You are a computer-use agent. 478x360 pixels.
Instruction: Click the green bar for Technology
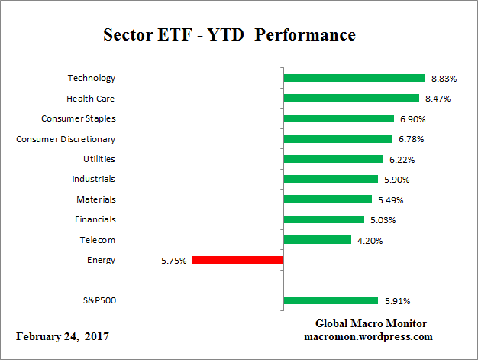(354, 78)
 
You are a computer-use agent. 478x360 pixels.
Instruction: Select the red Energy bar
(237, 260)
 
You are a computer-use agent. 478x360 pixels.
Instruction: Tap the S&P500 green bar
(331, 300)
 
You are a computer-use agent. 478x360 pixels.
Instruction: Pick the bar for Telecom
(317, 240)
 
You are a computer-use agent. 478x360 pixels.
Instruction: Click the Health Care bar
(351, 98)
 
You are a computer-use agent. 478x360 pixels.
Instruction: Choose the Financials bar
(324, 219)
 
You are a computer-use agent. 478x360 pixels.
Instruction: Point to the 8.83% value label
(443, 78)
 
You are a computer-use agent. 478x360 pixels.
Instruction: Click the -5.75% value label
(172, 260)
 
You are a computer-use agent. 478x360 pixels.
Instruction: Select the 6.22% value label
(401, 159)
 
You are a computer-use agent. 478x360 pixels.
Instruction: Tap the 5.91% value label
(396, 300)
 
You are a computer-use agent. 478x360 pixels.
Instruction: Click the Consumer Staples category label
(78, 118)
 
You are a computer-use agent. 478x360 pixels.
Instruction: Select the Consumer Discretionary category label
(66, 139)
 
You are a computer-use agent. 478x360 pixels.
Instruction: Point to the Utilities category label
(99, 159)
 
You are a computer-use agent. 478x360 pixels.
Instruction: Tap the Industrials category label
(94, 179)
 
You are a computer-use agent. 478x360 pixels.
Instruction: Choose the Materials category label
(96, 199)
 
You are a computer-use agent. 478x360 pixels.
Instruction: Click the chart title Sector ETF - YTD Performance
(229, 36)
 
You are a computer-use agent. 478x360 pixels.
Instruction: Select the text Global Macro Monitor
(370, 323)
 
